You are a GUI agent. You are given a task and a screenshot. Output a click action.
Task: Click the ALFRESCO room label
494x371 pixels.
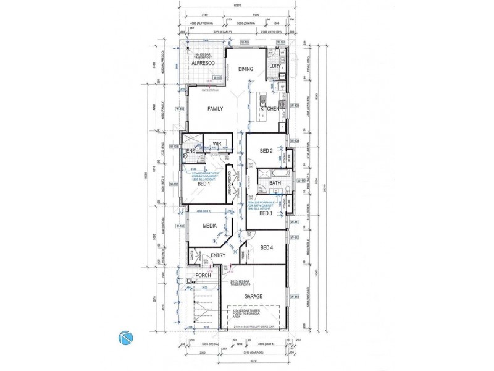pyautogui.click(x=203, y=63)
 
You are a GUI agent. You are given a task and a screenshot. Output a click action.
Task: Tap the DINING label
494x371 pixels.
pyautogui.click(x=245, y=69)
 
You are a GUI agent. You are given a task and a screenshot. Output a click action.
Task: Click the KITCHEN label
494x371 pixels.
pyautogui.click(x=270, y=109)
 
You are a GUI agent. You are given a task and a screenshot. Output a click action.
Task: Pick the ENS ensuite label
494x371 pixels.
pyautogui.click(x=191, y=151)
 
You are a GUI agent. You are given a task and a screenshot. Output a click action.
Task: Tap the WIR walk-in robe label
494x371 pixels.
pyautogui.click(x=217, y=144)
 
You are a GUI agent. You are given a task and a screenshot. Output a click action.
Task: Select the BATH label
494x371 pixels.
pyautogui.click(x=275, y=183)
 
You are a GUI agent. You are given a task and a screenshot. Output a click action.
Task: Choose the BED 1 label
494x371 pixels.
pyautogui.click(x=204, y=184)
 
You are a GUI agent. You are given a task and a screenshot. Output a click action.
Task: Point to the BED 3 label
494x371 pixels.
pyautogui.click(x=266, y=214)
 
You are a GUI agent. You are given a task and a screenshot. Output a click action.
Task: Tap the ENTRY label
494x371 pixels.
pyautogui.click(x=217, y=255)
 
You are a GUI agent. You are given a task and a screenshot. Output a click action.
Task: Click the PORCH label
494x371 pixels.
pyautogui.click(x=203, y=275)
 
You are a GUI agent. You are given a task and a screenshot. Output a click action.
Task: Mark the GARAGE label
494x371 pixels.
pyautogui.click(x=253, y=297)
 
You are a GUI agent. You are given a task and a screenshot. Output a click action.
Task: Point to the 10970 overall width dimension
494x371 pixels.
pyautogui.click(x=238, y=6)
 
